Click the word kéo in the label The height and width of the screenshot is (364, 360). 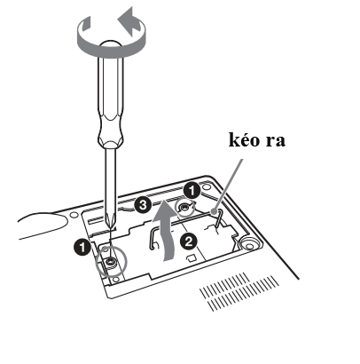(x=244, y=139)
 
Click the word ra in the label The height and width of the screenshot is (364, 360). (x=276, y=141)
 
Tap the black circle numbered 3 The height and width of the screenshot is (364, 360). (x=143, y=204)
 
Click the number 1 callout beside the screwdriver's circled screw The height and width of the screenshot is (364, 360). (x=82, y=247)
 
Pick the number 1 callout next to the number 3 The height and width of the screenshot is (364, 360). (x=192, y=191)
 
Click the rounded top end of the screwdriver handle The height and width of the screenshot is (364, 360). (x=111, y=44)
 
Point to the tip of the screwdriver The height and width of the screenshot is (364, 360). (x=111, y=228)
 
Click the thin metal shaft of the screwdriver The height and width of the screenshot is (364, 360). (x=111, y=184)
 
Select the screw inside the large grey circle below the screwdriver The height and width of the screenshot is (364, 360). (x=111, y=262)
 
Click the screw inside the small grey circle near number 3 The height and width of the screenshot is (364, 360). (x=184, y=208)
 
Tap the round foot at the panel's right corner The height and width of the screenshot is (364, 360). (x=250, y=244)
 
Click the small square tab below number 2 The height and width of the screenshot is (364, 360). (x=190, y=257)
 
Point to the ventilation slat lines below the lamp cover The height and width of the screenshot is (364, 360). (x=239, y=292)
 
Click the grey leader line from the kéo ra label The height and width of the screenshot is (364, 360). (x=227, y=186)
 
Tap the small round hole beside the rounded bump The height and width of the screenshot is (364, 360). (x=74, y=214)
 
